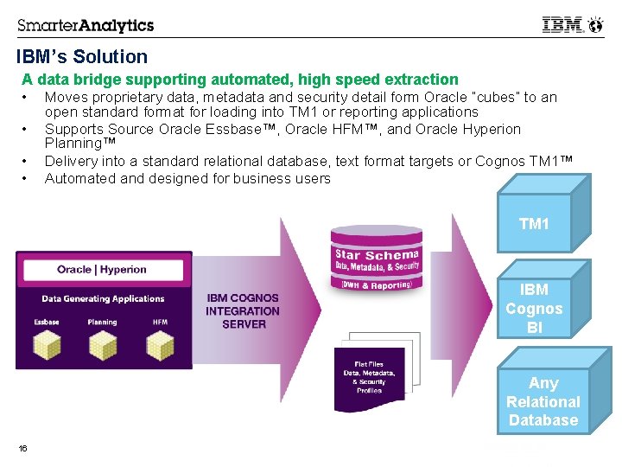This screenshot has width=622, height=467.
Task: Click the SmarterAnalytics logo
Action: (x=86, y=25)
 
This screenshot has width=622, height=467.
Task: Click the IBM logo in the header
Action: (x=562, y=25)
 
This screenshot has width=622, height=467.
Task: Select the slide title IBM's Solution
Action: (x=82, y=57)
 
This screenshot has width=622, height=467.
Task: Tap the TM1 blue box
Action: (x=534, y=224)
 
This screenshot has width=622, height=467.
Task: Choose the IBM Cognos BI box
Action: (x=534, y=309)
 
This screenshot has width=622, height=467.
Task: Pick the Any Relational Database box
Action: (x=543, y=401)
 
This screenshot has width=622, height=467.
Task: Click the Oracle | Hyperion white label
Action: (x=102, y=269)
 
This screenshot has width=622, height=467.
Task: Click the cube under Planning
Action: (x=102, y=346)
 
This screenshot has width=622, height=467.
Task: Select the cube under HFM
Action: (x=160, y=346)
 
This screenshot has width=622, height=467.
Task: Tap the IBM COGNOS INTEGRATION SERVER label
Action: (x=243, y=311)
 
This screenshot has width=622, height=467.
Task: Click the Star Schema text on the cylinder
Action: (x=378, y=254)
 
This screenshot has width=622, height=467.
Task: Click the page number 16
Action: (x=22, y=448)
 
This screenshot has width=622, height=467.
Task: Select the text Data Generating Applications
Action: (x=103, y=299)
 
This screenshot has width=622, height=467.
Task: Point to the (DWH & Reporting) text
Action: (x=377, y=284)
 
